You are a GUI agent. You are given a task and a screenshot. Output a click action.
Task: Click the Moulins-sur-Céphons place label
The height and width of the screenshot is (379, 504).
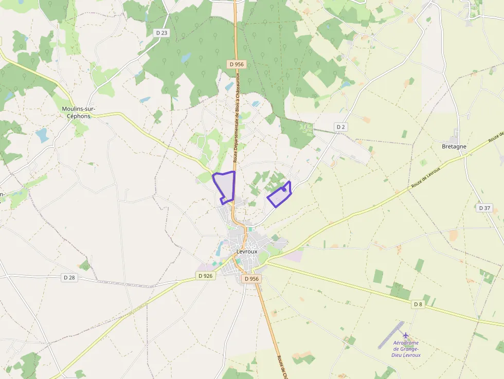(79, 112)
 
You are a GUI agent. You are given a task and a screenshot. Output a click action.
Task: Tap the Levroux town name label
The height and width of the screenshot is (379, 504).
(246, 251)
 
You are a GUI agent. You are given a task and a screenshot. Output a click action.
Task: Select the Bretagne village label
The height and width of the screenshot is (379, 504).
(454, 147)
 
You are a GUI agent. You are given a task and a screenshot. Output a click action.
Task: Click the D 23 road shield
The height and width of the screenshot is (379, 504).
(161, 33)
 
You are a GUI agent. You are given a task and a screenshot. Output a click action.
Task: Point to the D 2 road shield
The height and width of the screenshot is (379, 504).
(340, 127)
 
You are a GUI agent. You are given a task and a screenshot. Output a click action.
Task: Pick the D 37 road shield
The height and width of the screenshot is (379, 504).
(484, 208)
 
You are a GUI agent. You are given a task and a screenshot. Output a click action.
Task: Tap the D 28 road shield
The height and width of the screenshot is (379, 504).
(69, 277)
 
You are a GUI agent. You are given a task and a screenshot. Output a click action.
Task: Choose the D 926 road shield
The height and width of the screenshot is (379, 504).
(205, 276)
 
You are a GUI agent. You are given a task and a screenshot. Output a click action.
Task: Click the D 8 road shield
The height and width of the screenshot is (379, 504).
(418, 304)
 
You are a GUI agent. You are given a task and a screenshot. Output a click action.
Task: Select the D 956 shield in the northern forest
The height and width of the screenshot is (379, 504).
(237, 64)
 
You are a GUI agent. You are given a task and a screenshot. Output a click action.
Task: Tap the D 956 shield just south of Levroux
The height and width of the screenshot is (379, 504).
(252, 278)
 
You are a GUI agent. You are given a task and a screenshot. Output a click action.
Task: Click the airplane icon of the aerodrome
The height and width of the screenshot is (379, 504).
(406, 335)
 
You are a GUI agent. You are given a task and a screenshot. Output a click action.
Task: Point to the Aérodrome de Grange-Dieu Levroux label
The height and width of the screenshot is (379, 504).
(406, 349)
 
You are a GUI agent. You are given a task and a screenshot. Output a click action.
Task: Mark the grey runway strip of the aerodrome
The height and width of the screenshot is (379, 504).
(391, 334)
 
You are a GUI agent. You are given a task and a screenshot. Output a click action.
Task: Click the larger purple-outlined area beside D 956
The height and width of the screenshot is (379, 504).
(225, 186)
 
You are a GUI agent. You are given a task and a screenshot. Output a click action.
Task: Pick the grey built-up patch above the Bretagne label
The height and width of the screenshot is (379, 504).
(454, 138)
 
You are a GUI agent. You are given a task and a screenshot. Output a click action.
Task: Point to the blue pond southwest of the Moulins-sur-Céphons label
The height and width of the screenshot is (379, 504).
(42, 135)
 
